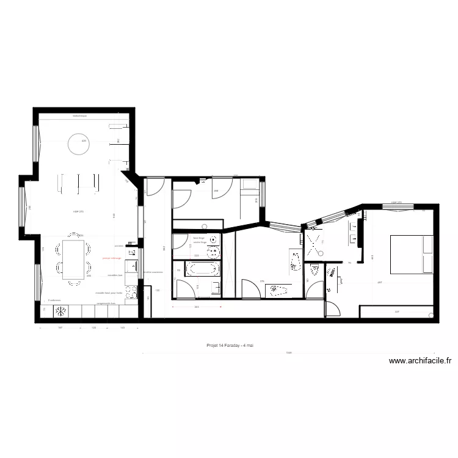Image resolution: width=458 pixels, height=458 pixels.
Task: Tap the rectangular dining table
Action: pyautogui.click(x=74, y=259)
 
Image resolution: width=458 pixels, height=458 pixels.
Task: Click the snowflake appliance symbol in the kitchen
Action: pyautogui.click(x=60, y=311)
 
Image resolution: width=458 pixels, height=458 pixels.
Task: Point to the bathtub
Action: pyautogui.click(x=199, y=268)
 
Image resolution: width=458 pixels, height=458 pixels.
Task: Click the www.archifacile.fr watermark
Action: pyautogui.click(x=420, y=361)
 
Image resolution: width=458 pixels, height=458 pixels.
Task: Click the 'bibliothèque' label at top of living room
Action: pyautogui.click(x=80, y=115)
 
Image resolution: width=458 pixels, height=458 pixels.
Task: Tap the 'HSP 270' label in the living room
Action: pyautogui.click(x=78, y=211)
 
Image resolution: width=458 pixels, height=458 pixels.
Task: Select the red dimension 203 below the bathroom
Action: pyautogui.click(x=197, y=307)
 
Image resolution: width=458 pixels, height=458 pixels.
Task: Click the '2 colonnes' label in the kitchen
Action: pyautogui.click(x=54, y=300)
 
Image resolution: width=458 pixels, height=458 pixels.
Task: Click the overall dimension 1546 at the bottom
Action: pyautogui.click(x=289, y=352)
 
